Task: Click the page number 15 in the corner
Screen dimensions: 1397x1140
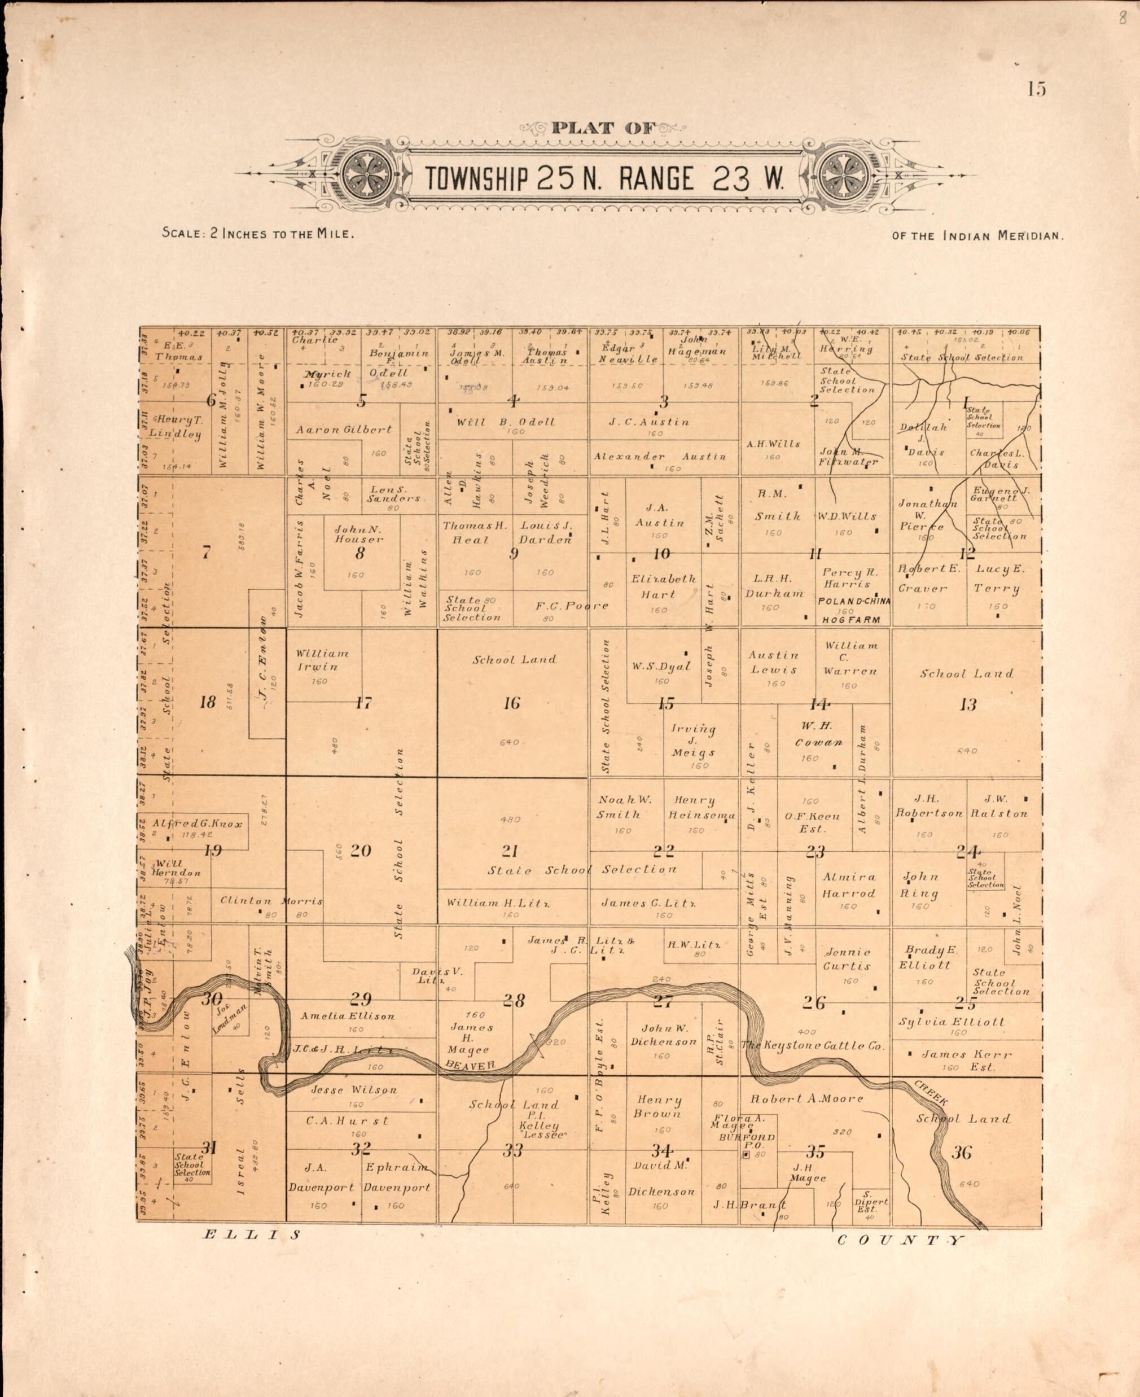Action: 1037,89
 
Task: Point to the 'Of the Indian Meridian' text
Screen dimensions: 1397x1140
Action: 978,236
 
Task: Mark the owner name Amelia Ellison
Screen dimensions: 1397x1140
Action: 348,1016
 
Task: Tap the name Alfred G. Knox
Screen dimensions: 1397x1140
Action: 198,824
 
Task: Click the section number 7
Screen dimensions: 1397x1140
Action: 206,553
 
